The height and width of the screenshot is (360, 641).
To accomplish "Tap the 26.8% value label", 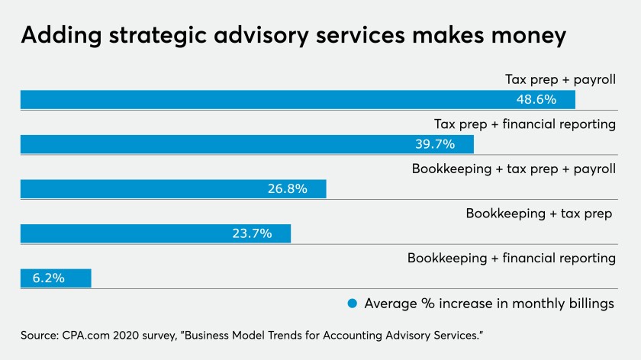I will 287,189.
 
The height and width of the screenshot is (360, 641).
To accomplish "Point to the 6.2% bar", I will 56,278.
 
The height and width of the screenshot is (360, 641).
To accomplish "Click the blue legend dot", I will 353,304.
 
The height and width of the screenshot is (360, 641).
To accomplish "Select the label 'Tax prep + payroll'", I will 560,79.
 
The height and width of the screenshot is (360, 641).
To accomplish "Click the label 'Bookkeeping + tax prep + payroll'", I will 514,169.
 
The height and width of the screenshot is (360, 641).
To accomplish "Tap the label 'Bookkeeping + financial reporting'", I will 511,258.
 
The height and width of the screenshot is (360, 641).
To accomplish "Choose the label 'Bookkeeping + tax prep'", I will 539,214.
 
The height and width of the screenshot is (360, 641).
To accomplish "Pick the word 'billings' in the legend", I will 589,304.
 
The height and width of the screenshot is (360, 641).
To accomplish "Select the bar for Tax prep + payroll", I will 298,100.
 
